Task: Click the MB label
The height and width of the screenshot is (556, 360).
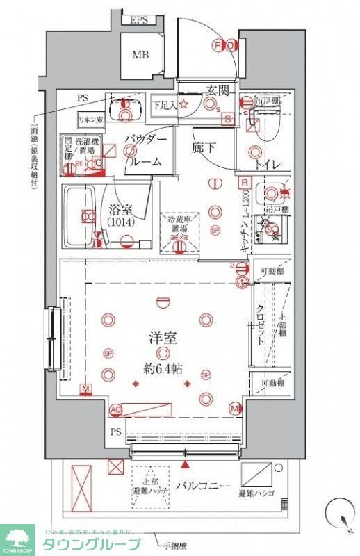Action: tap(141, 54)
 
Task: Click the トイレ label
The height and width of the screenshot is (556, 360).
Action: tap(267, 165)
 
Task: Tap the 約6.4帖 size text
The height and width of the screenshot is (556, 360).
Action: tap(165, 368)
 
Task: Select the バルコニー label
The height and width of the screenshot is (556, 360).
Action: tap(202, 486)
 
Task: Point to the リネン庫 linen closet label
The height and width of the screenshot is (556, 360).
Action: tap(90, 118)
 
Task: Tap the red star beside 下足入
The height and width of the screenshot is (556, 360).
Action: tap(184, 105)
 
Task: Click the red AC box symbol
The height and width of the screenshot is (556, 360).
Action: tap(115, 409)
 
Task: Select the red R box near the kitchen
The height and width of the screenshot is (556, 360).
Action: tap(244, 183)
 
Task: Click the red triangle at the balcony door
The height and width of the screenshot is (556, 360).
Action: tap(185, 462)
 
